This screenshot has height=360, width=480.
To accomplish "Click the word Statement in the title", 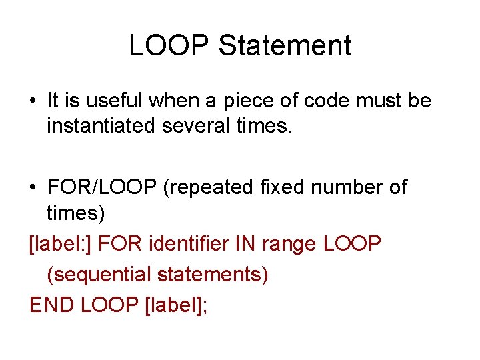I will (285, 46).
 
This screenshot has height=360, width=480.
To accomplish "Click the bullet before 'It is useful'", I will (33, 102).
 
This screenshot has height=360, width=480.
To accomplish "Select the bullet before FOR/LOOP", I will (33, 189).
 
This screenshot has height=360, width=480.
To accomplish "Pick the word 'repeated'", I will (209, 189).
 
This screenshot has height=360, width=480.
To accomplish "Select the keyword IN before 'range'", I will (244, 243).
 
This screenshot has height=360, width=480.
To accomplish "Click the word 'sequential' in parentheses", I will (109, 274).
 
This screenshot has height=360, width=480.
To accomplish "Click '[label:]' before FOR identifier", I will (60, 244).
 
